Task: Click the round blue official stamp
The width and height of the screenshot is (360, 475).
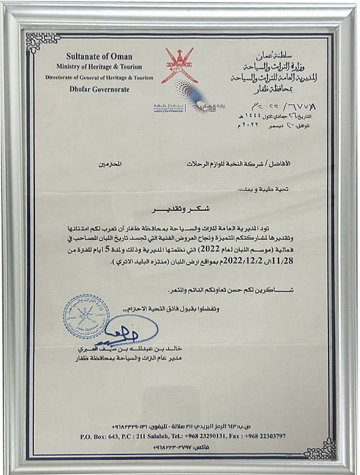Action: click(x=86, y=316)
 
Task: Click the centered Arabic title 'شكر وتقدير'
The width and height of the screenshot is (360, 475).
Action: click(x=183, y=216)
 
